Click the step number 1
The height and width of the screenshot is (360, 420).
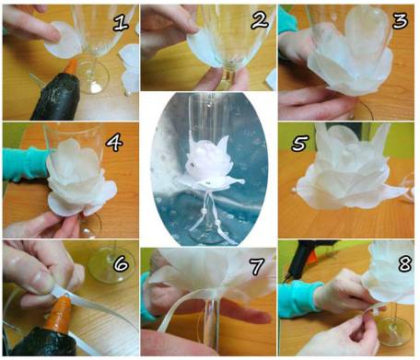pyautogui.click(x=121, y=22)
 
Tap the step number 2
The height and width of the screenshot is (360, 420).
pyautogui.click(x=261, y=21)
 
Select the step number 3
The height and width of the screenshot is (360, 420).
pyautogui.click(x=400, y=20)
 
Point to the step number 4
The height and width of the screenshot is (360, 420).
pyautogui.click(x=115, y=142)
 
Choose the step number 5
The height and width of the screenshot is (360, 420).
pyautogui.click(x=300, y=144)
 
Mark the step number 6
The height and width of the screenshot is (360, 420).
pyautogui.click(x=121, y=263)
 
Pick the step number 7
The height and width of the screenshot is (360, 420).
pyautogui.click(x=257, y=266)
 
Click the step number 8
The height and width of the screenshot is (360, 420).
pyautogui.click(x=405, y=263)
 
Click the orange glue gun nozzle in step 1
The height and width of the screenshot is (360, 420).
pyautogui.click(x=71, y=67)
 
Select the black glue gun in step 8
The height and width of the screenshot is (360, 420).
pyautogui.click(x=301, y=259)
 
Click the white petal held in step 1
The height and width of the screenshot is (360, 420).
pyautogui.click(x=63, y=40)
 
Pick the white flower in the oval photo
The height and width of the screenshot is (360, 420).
pyautogui.click(x=209, y=162)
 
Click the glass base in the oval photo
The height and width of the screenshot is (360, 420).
pyautogui.click(x=212, y=237)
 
